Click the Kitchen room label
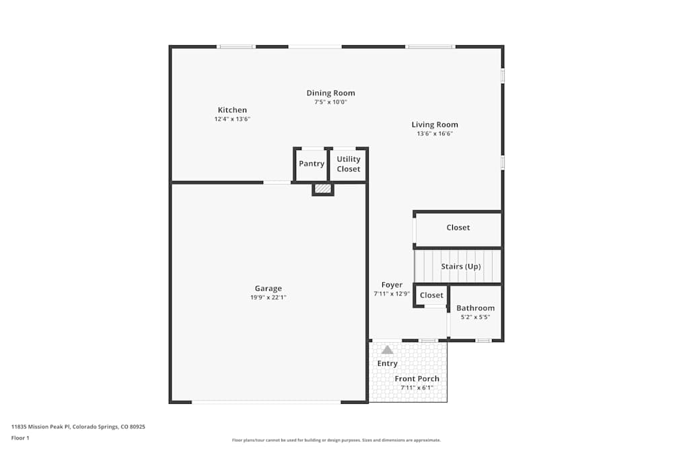point(232,110)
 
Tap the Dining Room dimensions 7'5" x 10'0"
point(330,102)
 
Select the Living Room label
point(435,125)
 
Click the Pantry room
point(312,164)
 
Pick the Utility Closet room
point(349,164)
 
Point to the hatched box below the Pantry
point(323,189)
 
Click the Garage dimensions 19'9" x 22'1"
point(268,298)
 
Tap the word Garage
point(268,289)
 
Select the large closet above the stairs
point(458,228)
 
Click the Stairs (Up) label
point(461,267)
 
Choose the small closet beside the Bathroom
point(431,296)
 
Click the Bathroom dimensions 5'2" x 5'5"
point(475,317)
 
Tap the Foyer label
point(392,285)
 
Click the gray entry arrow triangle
point(387,349)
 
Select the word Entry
point(387,364)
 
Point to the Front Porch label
point(417,379)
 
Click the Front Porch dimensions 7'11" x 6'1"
point(417,388)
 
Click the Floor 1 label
point(20,438)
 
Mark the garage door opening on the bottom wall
point(266,402)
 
